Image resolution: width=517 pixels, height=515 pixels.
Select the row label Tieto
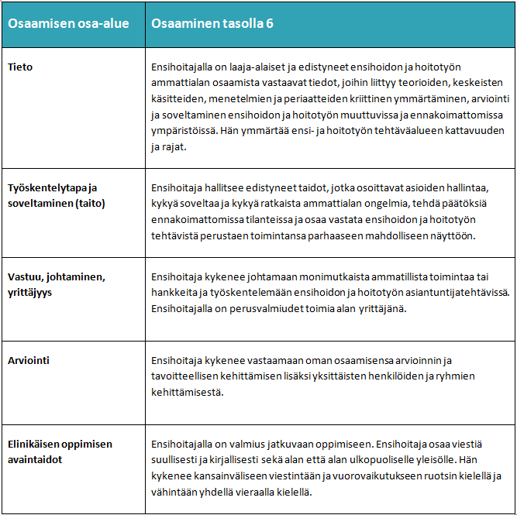(x=20, y=67)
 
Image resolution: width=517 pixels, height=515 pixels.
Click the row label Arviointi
(x=29, y=360)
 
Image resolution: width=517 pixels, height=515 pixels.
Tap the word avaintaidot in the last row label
(x=35, y=458)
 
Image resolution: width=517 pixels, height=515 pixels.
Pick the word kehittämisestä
(x=188, y=392)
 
